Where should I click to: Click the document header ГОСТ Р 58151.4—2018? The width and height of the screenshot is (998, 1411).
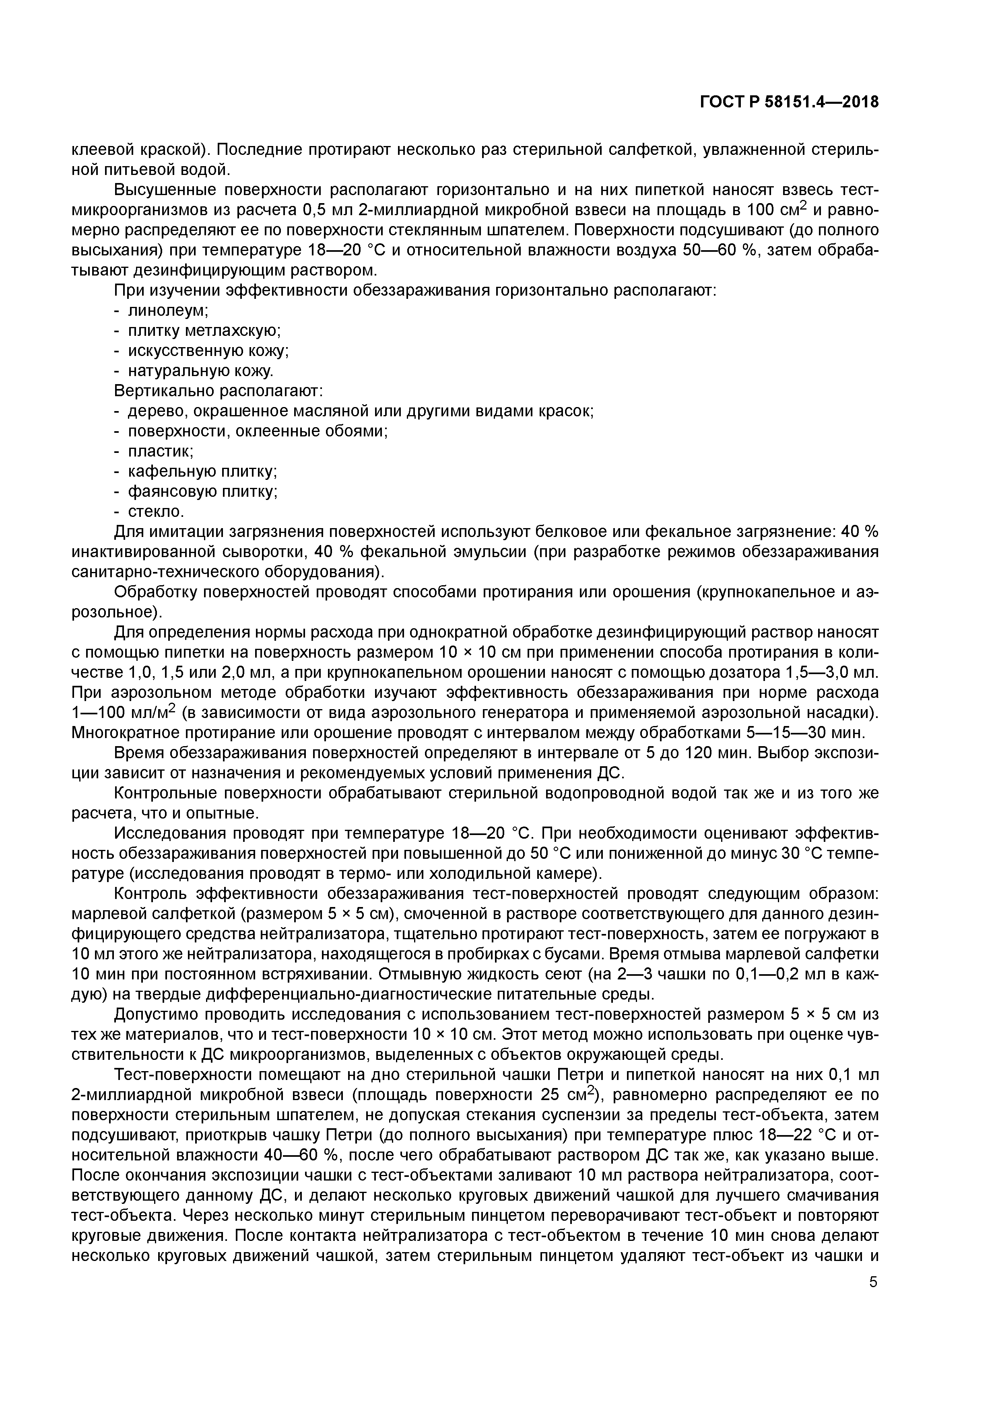[x=789, y=102]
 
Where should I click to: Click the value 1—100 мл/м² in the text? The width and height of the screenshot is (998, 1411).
[x=123, y=713]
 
